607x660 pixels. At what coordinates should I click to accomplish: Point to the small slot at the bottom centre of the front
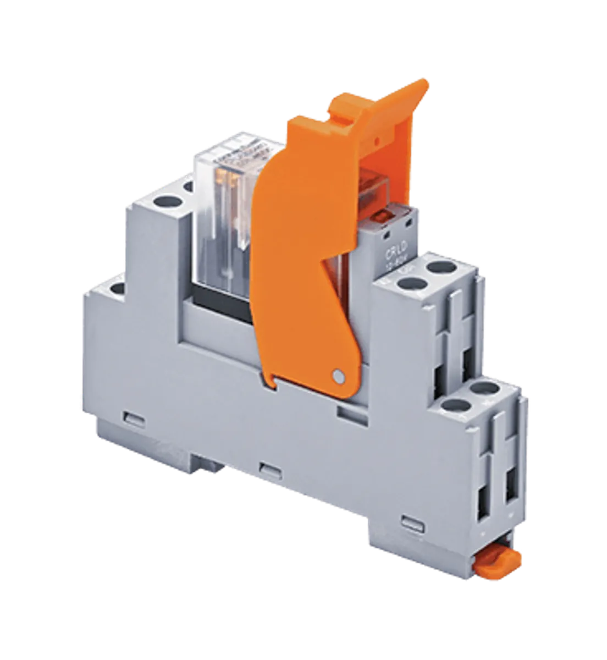(267, 469)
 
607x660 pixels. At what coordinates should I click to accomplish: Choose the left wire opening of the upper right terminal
(443, 363)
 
